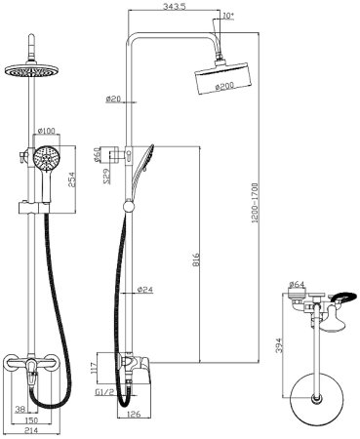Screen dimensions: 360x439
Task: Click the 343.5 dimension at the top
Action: click(176, 6)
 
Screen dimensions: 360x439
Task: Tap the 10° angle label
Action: click(228, 15)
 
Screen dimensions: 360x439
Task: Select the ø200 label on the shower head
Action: click(224, 87)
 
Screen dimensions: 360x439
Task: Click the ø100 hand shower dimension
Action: click(47, 131)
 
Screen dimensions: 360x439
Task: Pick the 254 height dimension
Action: click(71, 180)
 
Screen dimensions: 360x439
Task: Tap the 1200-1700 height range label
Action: click(255, 203)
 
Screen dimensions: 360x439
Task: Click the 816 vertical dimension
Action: click(195, 259)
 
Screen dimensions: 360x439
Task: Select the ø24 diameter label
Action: click(145, 289)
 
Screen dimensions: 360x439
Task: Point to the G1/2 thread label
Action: click(105, 392)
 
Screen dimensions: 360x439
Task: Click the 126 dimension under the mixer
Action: click(134, 414)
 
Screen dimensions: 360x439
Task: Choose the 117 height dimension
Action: click(94, 368)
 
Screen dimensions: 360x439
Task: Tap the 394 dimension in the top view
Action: click(278, 345)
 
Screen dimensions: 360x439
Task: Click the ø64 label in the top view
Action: click(297, 284)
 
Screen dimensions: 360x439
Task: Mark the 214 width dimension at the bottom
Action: click(31, 430)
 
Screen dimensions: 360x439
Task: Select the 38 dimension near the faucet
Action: click(20, 409)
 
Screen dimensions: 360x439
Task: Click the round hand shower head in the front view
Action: click(46, 158)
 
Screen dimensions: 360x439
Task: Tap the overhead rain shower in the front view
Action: click(31, 70)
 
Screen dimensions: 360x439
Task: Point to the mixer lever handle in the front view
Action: click(32, 373)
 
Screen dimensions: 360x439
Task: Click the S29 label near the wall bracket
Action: click(107, 177)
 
